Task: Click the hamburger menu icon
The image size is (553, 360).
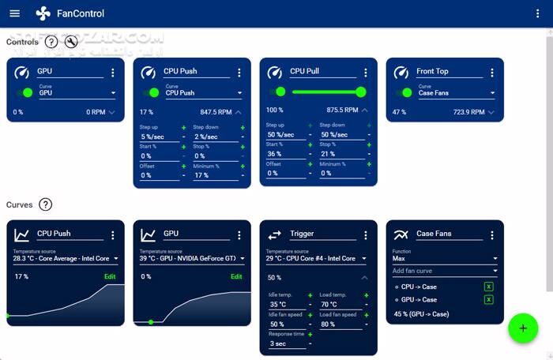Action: click(14, 13)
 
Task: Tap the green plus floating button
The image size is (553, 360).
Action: click(522, 328)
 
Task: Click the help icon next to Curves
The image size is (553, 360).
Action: click(46, 204)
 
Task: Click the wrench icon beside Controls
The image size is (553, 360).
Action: click(71, 42)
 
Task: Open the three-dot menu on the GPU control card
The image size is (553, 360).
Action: click(113, 73)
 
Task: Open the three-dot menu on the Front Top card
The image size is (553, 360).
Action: click(492, 73)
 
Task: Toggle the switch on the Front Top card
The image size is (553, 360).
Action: click(403, 92)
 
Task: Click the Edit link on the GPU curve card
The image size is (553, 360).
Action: click(237, 276)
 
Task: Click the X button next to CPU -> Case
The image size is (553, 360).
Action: click(488, 287)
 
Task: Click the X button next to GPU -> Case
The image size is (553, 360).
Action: click(488, 299)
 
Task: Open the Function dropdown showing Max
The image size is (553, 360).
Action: click(445, 258)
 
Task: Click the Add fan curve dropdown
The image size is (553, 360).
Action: click(445, 271)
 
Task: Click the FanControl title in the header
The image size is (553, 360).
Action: click(81, 13)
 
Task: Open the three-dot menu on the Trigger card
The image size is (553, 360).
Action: click(366, 235)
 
